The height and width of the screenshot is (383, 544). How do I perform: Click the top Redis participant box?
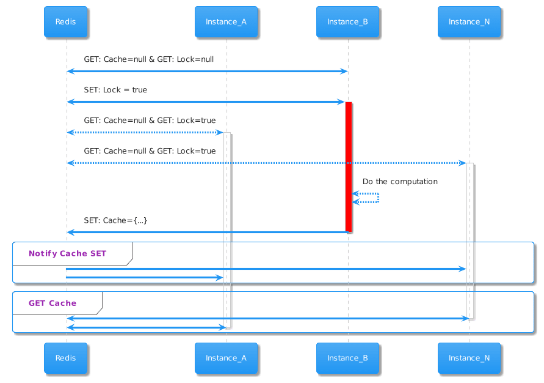coord(65,22)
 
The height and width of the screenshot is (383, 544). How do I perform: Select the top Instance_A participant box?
coord(226,22)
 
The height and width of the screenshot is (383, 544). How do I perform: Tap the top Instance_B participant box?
coord(347,22)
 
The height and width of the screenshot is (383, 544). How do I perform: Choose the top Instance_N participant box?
coord(469,22)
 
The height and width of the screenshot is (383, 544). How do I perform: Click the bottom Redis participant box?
coord(65,358)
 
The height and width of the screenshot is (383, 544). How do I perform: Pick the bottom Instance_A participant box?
coord(226,358)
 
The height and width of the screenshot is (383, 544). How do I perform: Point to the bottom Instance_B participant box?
coord(347,358)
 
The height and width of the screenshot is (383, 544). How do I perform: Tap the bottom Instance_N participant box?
coord(469,358)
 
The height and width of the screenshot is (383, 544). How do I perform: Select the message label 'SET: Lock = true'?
coord(115,90)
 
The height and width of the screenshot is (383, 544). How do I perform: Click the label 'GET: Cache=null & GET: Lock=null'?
coord(149,59)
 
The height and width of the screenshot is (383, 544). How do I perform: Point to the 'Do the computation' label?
coord(400,182)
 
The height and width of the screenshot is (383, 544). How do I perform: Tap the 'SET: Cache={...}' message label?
coord(115,220)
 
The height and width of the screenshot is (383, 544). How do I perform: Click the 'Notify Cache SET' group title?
coord(67,253)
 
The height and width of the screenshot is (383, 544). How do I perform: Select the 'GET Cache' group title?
coord(53,303)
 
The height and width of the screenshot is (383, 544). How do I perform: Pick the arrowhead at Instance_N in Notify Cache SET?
coord(463,269)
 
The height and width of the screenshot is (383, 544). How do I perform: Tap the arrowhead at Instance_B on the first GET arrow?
coord(343,72)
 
